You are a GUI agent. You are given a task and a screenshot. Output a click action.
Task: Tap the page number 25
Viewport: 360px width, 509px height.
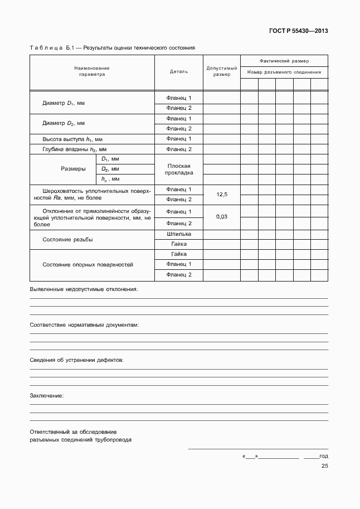(x=324, y=467)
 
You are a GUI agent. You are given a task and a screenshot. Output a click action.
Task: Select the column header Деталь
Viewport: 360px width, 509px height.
(x=178, y=71)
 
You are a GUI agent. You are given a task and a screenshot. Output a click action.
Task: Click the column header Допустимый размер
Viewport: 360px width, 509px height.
(x=221, y=71)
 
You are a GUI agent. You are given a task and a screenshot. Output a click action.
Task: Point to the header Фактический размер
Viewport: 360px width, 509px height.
(x=284, y=61)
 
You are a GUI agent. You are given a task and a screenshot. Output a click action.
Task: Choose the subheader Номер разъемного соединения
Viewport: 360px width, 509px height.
(x=284, y=72)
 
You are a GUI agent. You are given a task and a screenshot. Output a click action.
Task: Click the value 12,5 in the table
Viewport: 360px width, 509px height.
(x=221, y=194)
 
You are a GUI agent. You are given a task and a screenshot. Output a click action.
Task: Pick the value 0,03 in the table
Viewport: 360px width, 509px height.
(x=221, y=217)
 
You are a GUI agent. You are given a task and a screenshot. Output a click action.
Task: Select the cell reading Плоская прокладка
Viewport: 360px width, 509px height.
(x=178, y=169)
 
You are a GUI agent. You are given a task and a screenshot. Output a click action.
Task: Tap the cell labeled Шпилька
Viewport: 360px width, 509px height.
(x=178, y=234)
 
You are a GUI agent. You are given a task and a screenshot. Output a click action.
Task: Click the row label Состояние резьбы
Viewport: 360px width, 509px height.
(x=67, y=239)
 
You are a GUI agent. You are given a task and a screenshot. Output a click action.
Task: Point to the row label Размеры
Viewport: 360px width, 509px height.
(x=73, y=169)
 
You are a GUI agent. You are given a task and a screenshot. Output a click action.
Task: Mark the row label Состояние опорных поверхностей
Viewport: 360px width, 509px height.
(x=87, y=264)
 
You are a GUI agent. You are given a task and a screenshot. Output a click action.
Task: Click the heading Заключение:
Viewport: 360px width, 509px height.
(x=46, y=395)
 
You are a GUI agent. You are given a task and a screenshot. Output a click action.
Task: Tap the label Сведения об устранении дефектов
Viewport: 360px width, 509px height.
(x=76, y=360)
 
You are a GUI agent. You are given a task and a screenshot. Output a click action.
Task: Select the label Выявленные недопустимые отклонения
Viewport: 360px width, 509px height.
(x=83, y=289)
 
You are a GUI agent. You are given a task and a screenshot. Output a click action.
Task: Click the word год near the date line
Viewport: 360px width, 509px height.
(x=323, y=455)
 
